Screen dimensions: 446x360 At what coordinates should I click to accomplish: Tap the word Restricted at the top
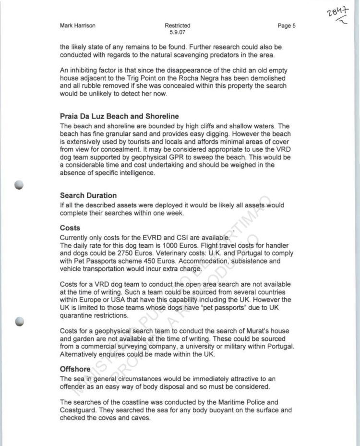pos(177,26)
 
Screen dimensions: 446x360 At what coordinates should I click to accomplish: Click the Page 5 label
pos(287,26)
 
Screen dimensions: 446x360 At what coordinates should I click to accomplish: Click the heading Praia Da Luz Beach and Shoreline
pos(119,116)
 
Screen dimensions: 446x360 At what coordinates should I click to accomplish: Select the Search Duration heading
pos(88,196)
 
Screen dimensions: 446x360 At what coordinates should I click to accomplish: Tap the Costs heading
pos(70,228)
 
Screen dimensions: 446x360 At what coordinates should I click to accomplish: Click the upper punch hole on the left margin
pos(20,186)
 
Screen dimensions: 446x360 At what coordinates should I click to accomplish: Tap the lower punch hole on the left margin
pos(20,323)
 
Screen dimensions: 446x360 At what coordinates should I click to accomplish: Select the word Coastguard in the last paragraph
pos(78,411)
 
